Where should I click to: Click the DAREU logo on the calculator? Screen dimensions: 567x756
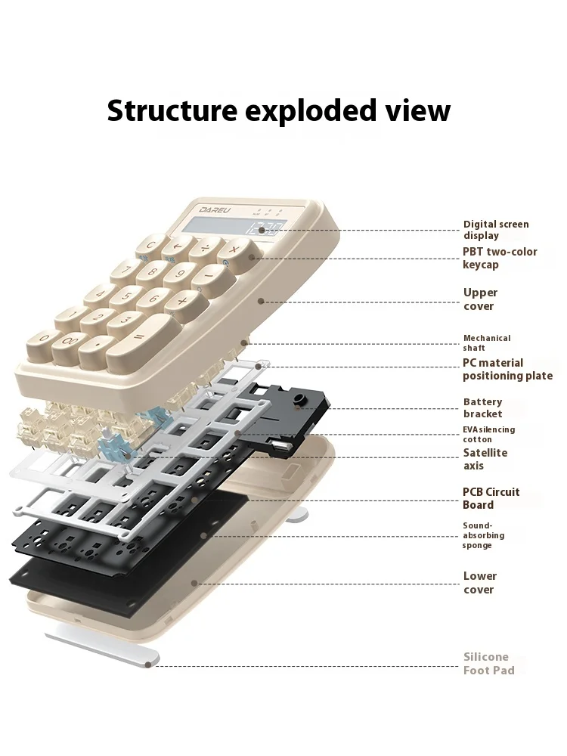(215, 210)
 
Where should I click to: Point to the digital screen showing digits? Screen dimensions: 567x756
(236, 226)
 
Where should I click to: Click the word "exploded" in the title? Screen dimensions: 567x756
(311, 111)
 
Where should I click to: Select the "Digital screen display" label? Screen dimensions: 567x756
(496, 230)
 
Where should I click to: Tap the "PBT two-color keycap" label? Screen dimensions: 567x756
(500, 258)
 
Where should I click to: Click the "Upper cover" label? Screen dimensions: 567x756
(480, 299)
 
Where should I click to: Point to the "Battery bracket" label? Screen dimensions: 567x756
(482, 408)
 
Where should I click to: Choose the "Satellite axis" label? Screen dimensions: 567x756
(485, 459)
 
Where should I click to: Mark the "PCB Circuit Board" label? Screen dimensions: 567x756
(491, 498)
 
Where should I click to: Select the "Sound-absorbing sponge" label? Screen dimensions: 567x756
(483, 535)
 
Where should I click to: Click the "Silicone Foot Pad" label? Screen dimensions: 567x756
(488, 664)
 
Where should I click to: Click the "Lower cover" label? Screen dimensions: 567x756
(480, 582)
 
